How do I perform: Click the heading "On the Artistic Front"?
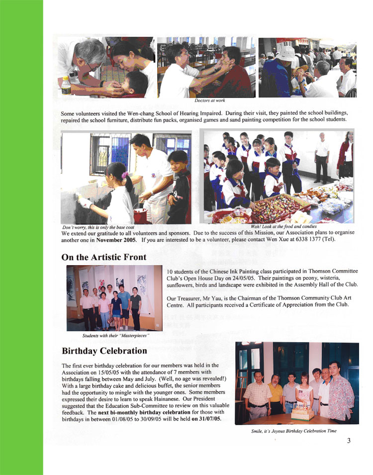(x=103, y=257)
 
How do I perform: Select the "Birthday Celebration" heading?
(x=104, y=351)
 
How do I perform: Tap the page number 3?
(x=349, y=440)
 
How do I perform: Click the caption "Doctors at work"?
(x=209, y=100)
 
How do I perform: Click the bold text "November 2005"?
(x=116, y=240)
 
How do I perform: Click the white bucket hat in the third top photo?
(x=287, y=52)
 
